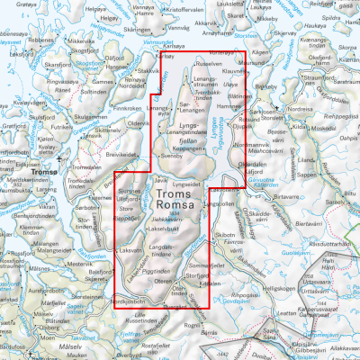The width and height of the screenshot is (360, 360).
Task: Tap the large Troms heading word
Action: [175, 193]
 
